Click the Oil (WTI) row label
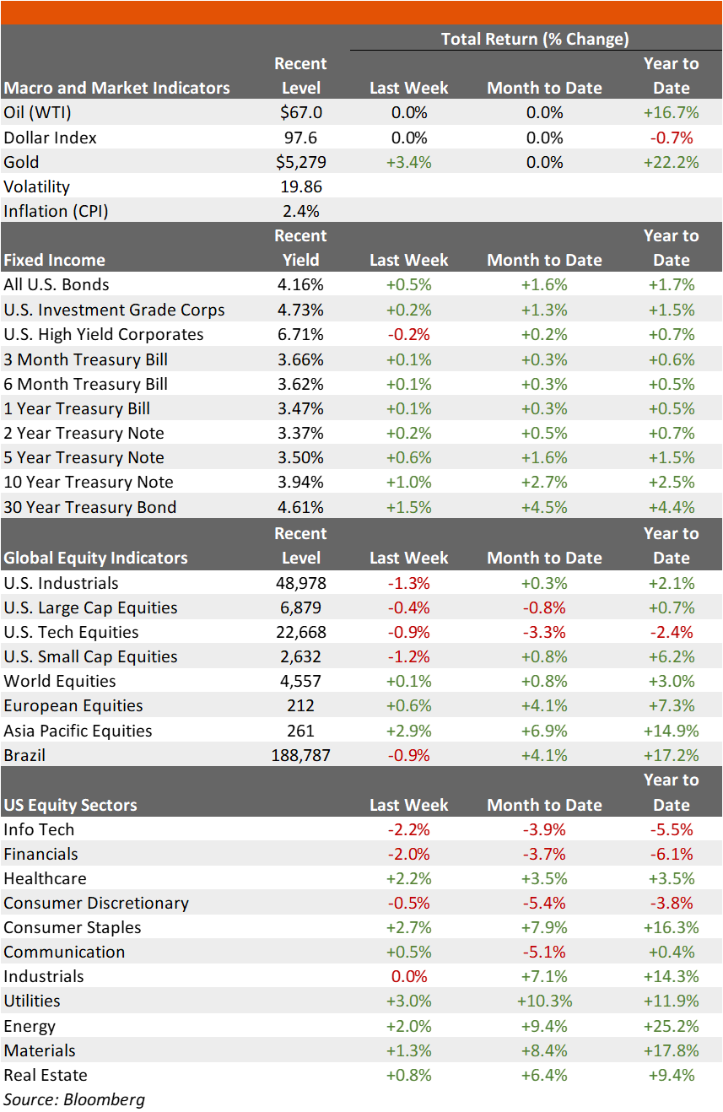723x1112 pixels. [x=37, y=113]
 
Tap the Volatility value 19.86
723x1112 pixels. [x=300, y=186]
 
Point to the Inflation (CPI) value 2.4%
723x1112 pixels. [x=300, y=211]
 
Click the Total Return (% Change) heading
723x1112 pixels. [x=535, y=39]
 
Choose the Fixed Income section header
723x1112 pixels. [x=54, y=260]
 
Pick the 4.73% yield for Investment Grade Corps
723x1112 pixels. [x=300, y=310]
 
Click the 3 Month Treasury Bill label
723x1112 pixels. [x=85, y=359]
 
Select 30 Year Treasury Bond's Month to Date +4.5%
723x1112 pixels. [x=544, y=507]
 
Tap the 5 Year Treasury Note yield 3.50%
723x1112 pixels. [x=300, y=457]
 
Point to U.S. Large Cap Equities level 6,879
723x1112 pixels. [x=300, y=607]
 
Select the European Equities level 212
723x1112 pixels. [x=300, y=705]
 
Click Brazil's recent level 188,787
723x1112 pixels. [x=300, y=755]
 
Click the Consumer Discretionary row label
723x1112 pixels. [x=96, y=903]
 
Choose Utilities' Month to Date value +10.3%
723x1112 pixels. [x=544, y=1001]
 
